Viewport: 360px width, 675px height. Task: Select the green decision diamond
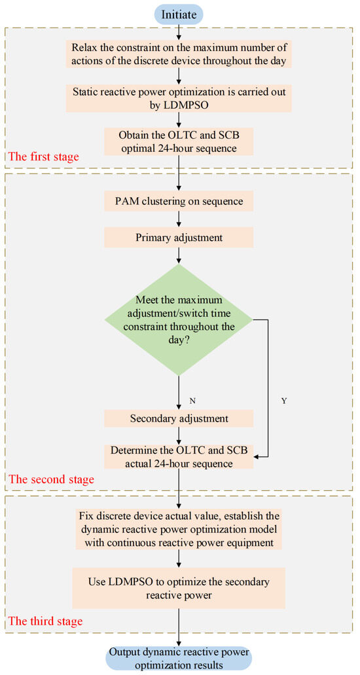pyautogui.click(x=179, y=321)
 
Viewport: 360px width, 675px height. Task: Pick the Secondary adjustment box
pyautogui.click(x=179, y=417)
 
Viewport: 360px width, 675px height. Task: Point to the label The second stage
pyautogui.click(x=50, y=479)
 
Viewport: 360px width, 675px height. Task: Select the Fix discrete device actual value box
pyautogui.click(x=179, y=529)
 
